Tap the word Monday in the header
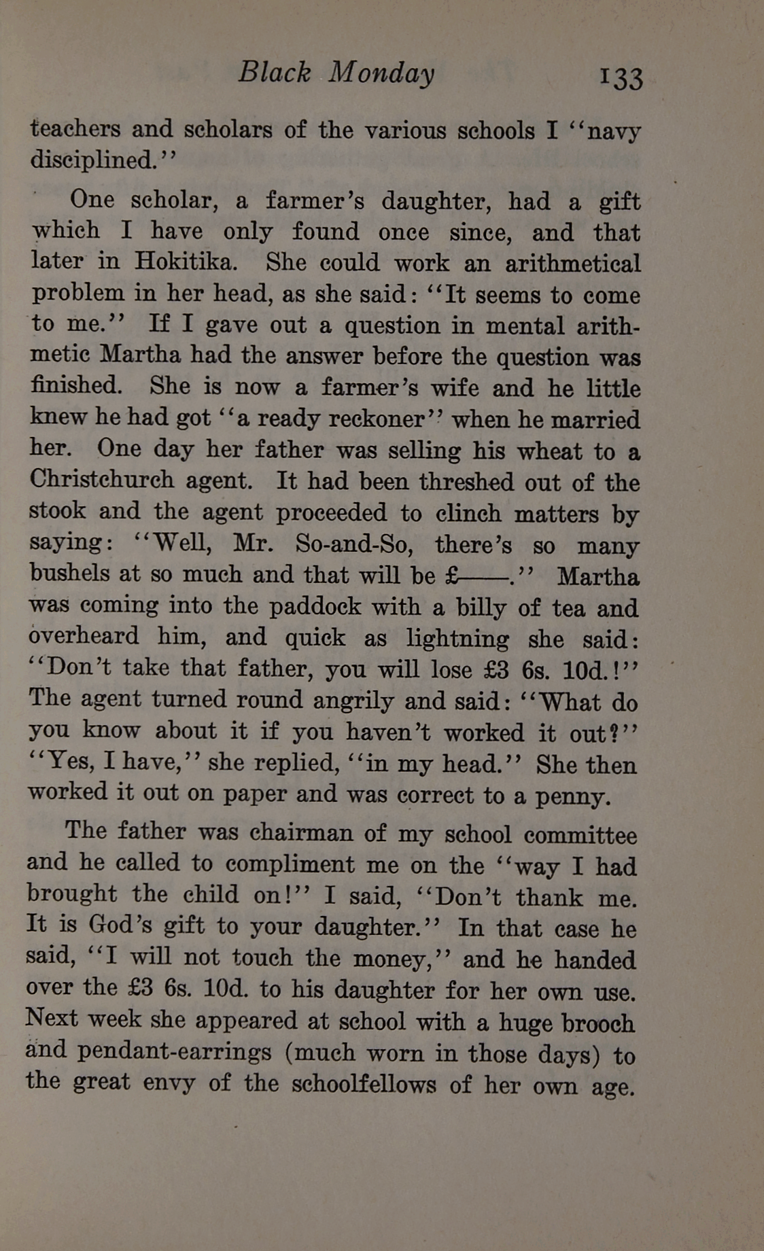point(381,74)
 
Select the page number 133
point(621,78)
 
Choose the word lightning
point(457,639)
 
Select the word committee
point(580,835)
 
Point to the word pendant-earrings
point(175,1052)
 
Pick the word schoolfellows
point(364,1083)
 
